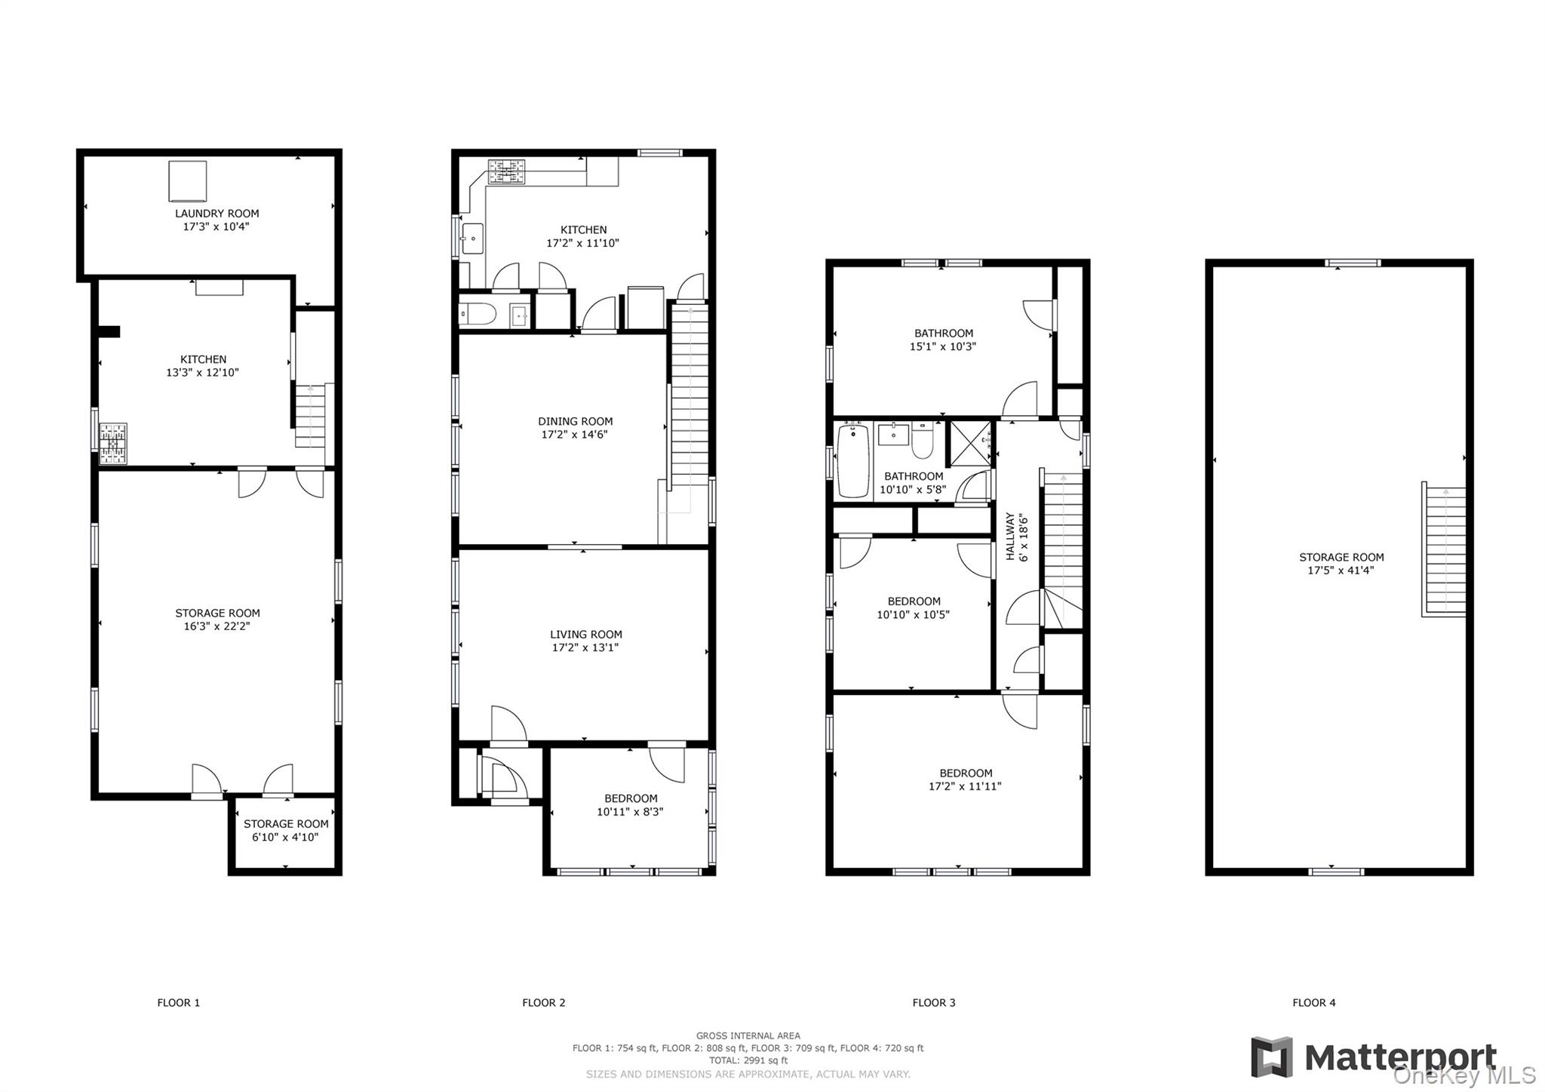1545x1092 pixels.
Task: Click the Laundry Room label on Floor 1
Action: tap(217, 214)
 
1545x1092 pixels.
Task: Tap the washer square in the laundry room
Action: tap(187, 180)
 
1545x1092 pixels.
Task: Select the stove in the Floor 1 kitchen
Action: tap(113, 443)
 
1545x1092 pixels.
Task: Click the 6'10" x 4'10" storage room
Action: tap(285, 830)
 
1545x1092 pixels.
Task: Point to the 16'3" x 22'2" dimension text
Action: tap(217, 626)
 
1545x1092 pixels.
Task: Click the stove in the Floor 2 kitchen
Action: tap(506, 172)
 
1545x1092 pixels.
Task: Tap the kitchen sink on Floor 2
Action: tap(472, 238)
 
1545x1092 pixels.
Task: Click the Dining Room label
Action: tap(575, 421)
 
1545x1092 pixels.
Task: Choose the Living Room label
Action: tap(585, 635)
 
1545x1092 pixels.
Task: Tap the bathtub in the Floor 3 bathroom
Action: tap(853, 460)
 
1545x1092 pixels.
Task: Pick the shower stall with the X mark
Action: tap(969, 441)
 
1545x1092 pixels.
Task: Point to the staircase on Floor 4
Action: tap(1445, 549)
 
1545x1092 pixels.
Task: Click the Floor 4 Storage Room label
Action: tap(1341, 558)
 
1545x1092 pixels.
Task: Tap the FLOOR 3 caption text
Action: tap(933, 1002)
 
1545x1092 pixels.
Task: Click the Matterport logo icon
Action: tap(1271, 1057)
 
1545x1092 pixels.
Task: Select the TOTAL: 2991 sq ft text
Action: tap(748, 1060)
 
